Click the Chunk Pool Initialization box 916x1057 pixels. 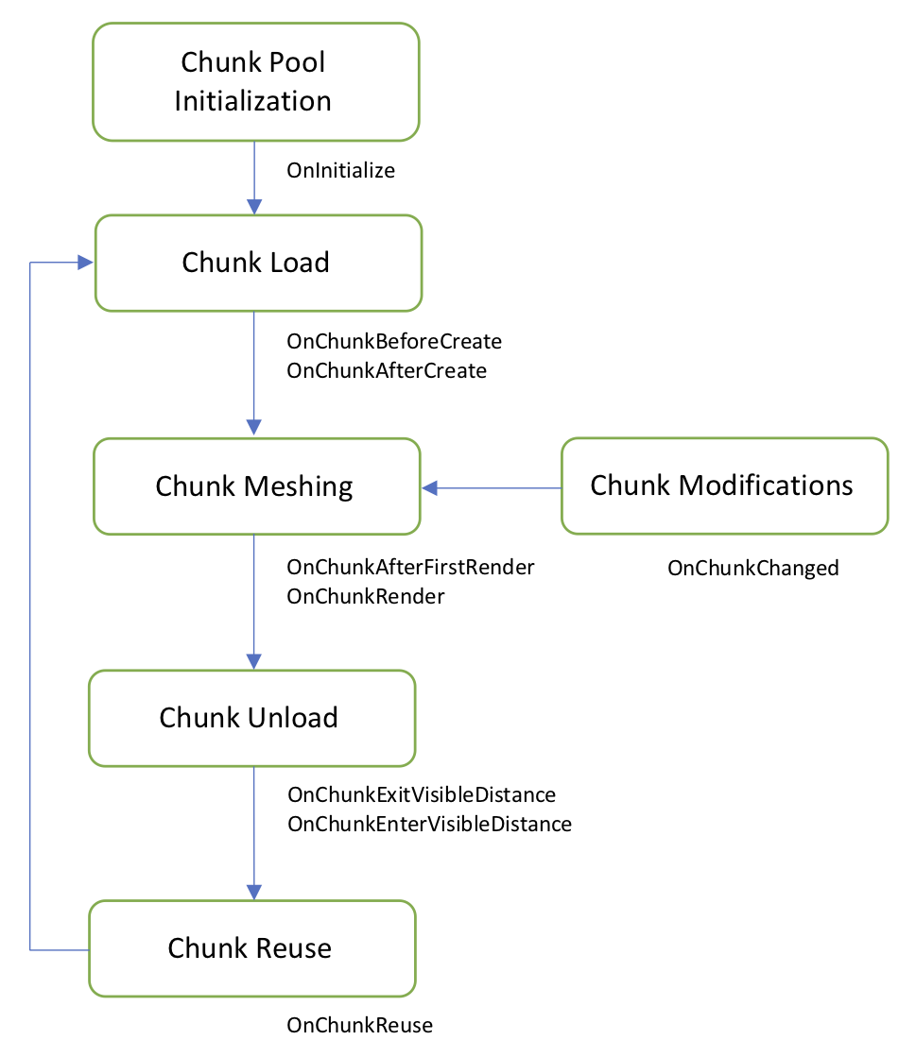coord(254,81)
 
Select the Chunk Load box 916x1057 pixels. coord(256,263)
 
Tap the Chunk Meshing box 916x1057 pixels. coord(255,486)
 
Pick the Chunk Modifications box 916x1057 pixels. coord(723,486)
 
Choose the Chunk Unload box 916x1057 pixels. coord(251,718)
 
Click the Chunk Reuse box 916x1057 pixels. coord(251,948)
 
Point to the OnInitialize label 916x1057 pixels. coord(340,171)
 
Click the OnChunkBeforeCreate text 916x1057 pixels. coord(394,341)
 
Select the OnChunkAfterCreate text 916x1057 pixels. coord(387,371)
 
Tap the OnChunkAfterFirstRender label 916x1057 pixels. coord(410,568)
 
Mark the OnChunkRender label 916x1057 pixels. coord(366,597)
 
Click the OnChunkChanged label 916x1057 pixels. coord(752,568)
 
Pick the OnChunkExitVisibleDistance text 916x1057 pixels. coord(422,794)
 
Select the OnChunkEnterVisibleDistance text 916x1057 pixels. coord(429,824)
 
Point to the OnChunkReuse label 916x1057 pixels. coord(359,1025)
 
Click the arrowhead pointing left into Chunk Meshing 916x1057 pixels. coord(430,487)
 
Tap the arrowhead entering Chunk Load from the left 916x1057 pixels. coord(85,263)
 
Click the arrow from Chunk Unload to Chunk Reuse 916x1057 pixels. coord(253,831)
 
